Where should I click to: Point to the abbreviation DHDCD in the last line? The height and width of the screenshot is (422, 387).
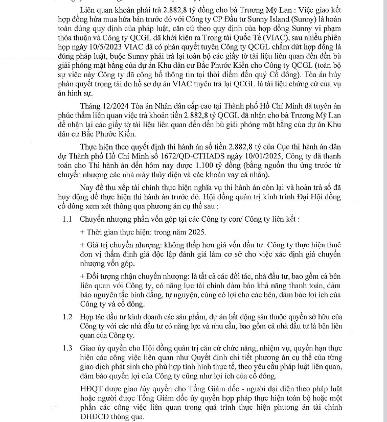pyautogui.click(x=94, y=416)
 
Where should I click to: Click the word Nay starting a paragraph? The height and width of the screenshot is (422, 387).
pyautogui.click(x=87, y=189)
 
